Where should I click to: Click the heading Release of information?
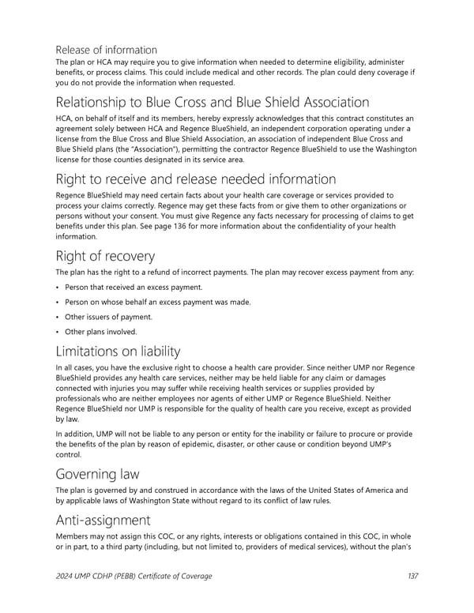click(106, 50)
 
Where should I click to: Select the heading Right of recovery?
click(104, 256)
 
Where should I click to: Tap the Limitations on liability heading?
click(118, 351)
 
